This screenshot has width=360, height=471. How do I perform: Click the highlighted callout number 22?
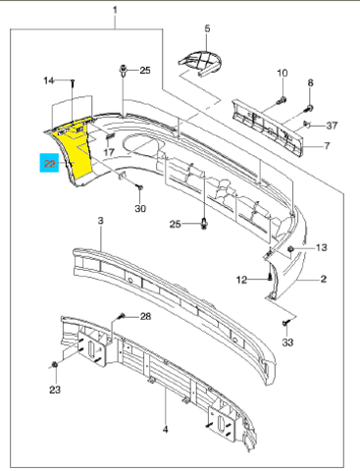click(49, 163)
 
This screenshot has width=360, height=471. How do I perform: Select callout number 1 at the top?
click(115, 11)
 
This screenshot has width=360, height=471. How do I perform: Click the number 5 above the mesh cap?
click(208, 28)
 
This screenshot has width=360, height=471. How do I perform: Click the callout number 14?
click(49, 80)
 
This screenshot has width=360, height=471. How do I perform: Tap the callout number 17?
click(109, 152)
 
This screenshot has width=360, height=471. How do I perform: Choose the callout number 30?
click(140, 208)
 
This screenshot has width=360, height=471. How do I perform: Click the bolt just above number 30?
click(140, 187)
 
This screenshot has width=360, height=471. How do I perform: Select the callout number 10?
click(283, 73)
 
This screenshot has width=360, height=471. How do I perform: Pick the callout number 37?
click(332, 126)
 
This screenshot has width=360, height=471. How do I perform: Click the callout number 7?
click(327, 145)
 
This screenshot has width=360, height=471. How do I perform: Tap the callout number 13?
click(322, 247)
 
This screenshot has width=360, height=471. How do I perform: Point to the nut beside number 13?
click(290, 250)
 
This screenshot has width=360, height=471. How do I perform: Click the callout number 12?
click(241, 280)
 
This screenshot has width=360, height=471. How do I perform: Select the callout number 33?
click(287, 342)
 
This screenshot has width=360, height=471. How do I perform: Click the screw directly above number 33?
click(285, 323)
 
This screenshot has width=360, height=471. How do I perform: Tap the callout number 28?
click(145, 316)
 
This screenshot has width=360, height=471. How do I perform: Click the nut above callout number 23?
click(55, 364)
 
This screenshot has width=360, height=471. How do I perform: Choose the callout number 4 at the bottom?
click(166, 429)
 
